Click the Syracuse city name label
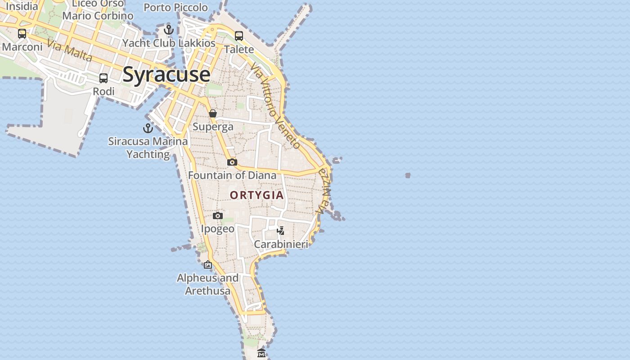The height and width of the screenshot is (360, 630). (x=166, y=74)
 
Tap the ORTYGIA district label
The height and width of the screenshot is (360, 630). (x=257, y=195)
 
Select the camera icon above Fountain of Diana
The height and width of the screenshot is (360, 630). (x=232, y=162)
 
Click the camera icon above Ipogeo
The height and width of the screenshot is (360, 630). (x=218, y=216)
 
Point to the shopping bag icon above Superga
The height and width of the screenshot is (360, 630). (x=213, y=113)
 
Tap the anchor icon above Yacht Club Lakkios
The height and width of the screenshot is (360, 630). (x=169, y=30)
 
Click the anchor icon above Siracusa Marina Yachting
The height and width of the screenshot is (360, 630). (x=148, y=128)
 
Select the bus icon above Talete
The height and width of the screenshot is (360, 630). (x=239, y=36)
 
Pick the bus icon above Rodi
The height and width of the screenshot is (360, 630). (x=103, y=78)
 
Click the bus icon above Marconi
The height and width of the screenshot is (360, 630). (x=22, y=34)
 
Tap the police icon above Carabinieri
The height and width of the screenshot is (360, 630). (x=280, y=231)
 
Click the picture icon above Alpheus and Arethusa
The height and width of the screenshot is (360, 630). (x=207, y=265)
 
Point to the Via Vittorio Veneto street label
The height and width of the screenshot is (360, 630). (x=275, y=106)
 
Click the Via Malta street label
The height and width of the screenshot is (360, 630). (x=69, y=50)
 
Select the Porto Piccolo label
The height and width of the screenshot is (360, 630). (x=175, y=7)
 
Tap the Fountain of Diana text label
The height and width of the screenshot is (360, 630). (x=232, y=175)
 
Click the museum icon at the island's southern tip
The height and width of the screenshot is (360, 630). (x=261, y=353)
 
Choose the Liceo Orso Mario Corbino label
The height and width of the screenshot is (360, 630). (x=98, y=9)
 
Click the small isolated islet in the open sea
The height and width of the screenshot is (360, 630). (x=408, y=175)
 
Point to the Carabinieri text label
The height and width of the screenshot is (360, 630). (x=281, y=244)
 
